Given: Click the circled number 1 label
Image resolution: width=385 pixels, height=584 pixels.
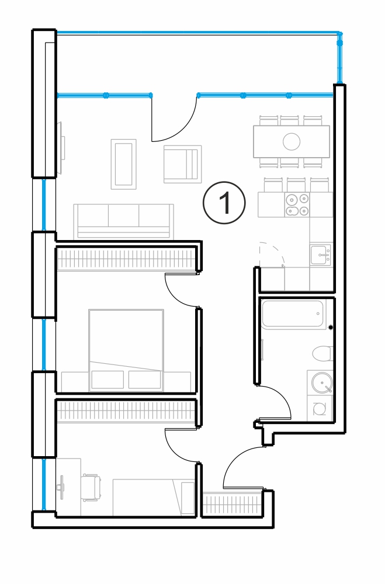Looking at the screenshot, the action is (224, 203).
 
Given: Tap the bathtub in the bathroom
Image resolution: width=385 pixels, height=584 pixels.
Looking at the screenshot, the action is (292, 314).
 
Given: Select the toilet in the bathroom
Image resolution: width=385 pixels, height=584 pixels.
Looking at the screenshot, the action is (322, 353).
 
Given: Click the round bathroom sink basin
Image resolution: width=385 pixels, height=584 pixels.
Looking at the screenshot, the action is (321, 382).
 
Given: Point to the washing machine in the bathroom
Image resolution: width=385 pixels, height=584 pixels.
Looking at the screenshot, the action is (320, 409).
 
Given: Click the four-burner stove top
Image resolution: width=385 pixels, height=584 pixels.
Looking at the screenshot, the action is (297, 204).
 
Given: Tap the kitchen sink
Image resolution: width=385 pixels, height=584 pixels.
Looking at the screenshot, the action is (320, 255).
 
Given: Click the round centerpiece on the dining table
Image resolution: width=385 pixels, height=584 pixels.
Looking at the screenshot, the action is (292, 141).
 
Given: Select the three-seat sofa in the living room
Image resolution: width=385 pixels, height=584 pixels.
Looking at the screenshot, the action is (124, 221).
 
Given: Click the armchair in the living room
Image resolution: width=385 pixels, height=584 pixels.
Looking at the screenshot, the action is (183, 164).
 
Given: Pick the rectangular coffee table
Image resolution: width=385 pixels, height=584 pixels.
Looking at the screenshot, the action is (123, 164).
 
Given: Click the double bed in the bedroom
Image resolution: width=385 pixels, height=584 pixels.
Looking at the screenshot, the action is (126, 350).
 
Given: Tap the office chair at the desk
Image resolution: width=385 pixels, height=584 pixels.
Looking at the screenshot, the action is (92, 487).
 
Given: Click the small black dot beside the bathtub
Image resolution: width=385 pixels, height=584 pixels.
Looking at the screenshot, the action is (331, 328).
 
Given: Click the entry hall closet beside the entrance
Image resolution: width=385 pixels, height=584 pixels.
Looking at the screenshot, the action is (231, 503).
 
